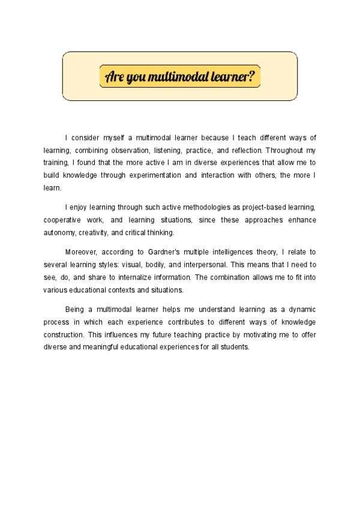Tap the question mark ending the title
click(251, 76)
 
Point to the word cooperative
click(62, 220)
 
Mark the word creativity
click(96, 232)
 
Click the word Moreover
click(81, 251)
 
